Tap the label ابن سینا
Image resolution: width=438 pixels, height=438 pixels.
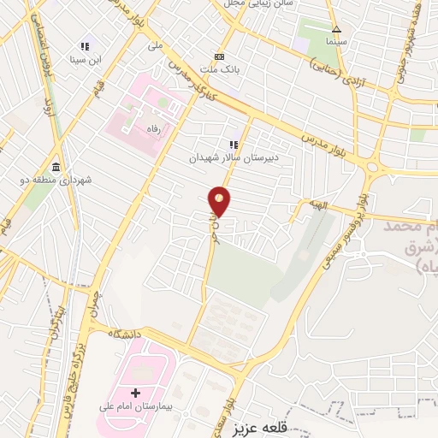(86, 59)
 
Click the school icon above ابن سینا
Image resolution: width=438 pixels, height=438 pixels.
(85, 45)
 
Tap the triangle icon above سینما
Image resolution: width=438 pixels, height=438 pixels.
(336, 28)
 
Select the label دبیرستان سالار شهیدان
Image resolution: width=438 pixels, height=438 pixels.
(230, 158)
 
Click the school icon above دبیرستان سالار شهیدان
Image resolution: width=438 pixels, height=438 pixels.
(232, 145)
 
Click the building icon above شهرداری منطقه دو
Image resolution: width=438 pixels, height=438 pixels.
(56, 166)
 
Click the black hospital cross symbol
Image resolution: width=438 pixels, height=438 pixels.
(135, 393)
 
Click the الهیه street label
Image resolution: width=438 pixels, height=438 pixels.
(319, 205)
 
